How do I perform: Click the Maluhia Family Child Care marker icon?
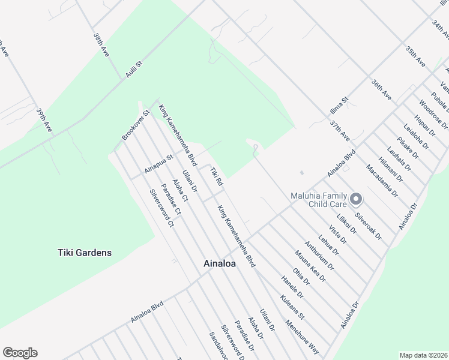pyautogui.click(x=356, y=199)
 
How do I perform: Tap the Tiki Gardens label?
pyautogui.click(x=85, y=253)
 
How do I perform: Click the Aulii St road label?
pyautogui.click(x=133, y=71)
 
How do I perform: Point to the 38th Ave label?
pyautogui.click(x=100, y=44)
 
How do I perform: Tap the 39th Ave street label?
pyautogui.click(x=44, y=121)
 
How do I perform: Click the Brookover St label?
pyautogui.click(x=135, y=125)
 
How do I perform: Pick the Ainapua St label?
pyautogui.click(x=158, y=164)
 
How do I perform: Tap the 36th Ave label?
pyautogui.click(x=381, y=90)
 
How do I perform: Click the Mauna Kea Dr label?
pyautogui.click(x=310, y=266)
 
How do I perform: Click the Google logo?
pyautogui.click(x=20, y=353)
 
